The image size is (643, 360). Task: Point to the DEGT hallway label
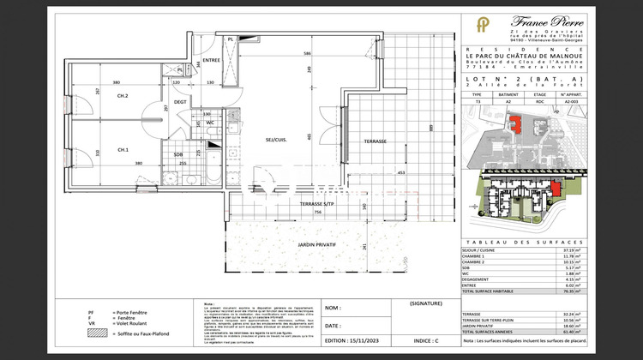click(181, 101)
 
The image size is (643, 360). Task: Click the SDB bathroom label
click(178, 155)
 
